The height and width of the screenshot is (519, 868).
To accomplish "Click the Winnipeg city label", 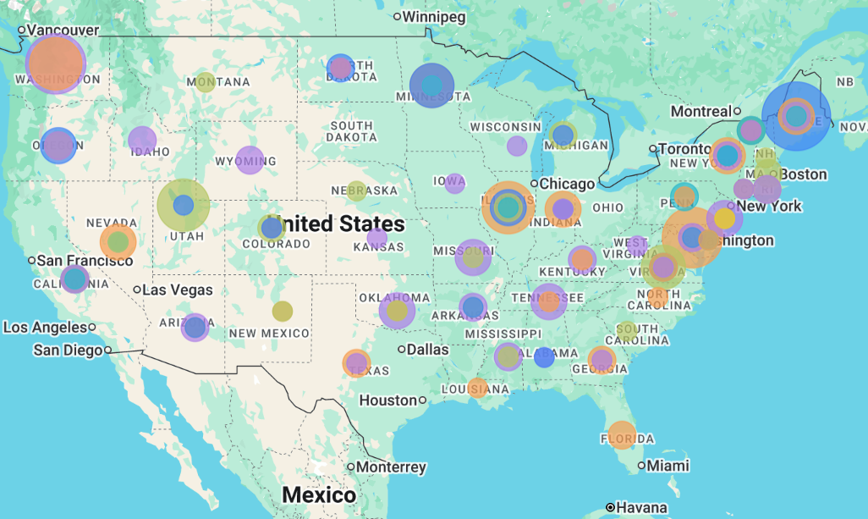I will pyautogui.click(x=433, y=17).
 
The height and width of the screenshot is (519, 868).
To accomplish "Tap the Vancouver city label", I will pyautogui.click(x=63, y=30).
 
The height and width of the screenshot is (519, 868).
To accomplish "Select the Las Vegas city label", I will pyautogui.click(x=177, y=290).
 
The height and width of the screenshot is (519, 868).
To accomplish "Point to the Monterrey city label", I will pyautogui.click(x=390, y=467).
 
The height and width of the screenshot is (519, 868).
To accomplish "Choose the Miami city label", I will pyautogui.click(x=667, y=466).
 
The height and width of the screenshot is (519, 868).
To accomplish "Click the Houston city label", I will pyautogui.click(x=388, y=400).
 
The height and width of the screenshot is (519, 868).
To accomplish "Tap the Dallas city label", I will pyautogui.click(x=427, y=349).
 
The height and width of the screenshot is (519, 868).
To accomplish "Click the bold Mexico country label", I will pyautogui.click(x=319, y=494).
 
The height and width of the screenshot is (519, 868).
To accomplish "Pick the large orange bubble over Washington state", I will pyautogui.click(x=56, y=63).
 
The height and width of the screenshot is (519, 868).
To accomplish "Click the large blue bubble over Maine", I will pyautogui.click(x=795, y=116).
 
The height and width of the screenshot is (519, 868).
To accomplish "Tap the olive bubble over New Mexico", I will pyautogui.click(x=283, y=311).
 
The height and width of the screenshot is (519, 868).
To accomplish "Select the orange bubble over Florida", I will pyautogui.click(x=622, y=434).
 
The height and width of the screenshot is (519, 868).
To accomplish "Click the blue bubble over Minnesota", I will pyautogui.click(x=431, y=86).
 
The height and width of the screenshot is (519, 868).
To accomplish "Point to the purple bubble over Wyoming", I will pyautogui.click(x=250, y=160).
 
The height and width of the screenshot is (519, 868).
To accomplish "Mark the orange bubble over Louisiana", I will pyautogui.click(x=478, y=388).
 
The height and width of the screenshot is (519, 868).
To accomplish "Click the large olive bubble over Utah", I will pyautogui.click(x=184, y=205).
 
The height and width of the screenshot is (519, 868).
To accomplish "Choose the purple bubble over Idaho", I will pyautogui.click(x=142, y=140).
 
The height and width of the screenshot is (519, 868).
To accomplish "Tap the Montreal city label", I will pyautogui.click(x=700, y=112).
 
